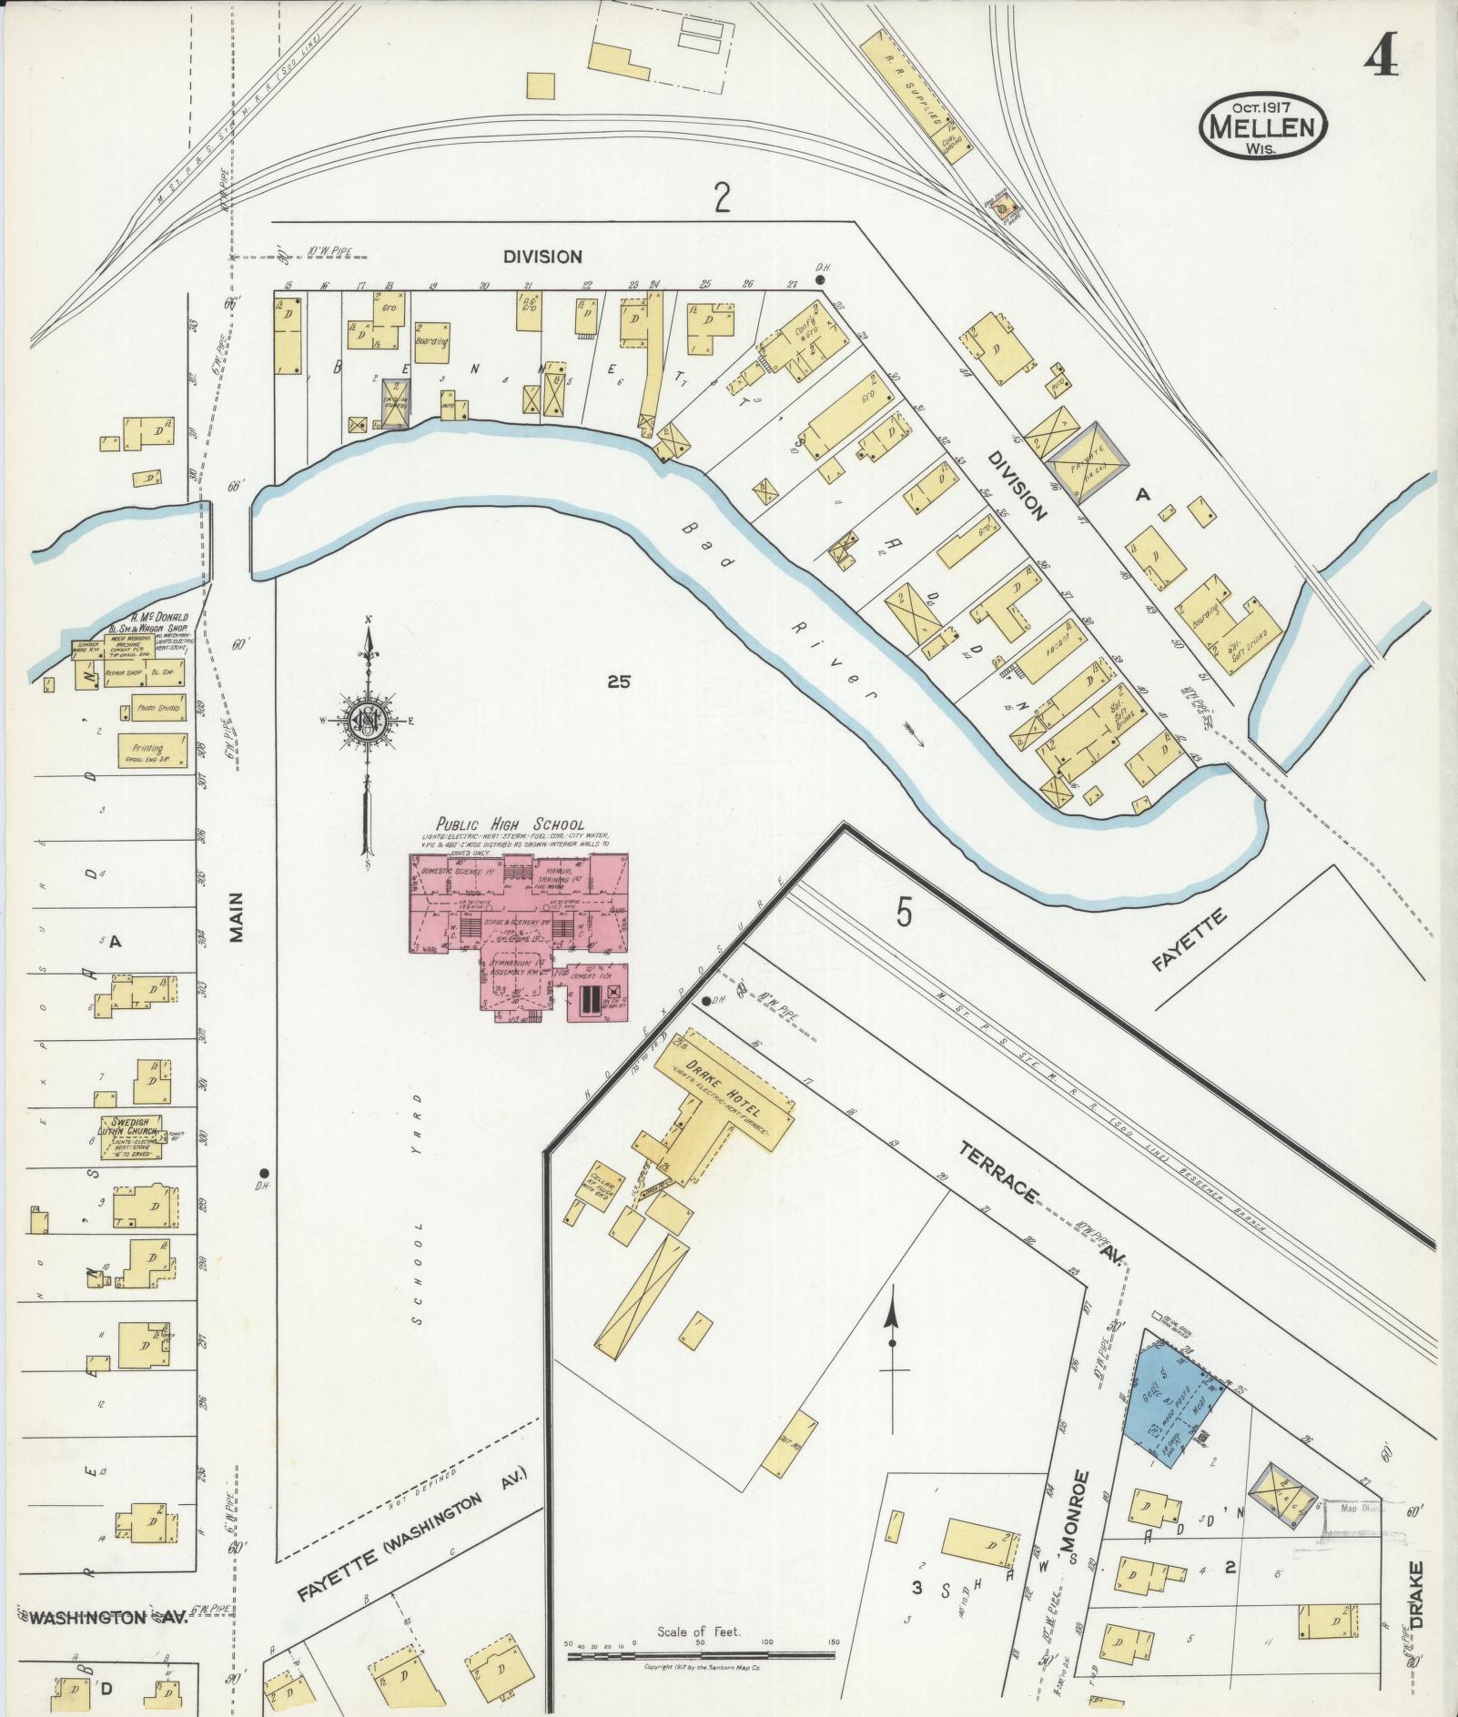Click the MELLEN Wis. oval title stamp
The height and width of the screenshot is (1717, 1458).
click(1262, 126)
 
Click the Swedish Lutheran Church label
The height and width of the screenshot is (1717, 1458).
click(135, 1126)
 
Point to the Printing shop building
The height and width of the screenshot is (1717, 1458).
click(152, 751)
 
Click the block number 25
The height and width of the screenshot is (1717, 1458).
click(619, 681)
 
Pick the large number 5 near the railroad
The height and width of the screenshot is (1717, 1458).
click(902, 913)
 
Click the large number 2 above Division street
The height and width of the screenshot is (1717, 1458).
click(722, 197)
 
